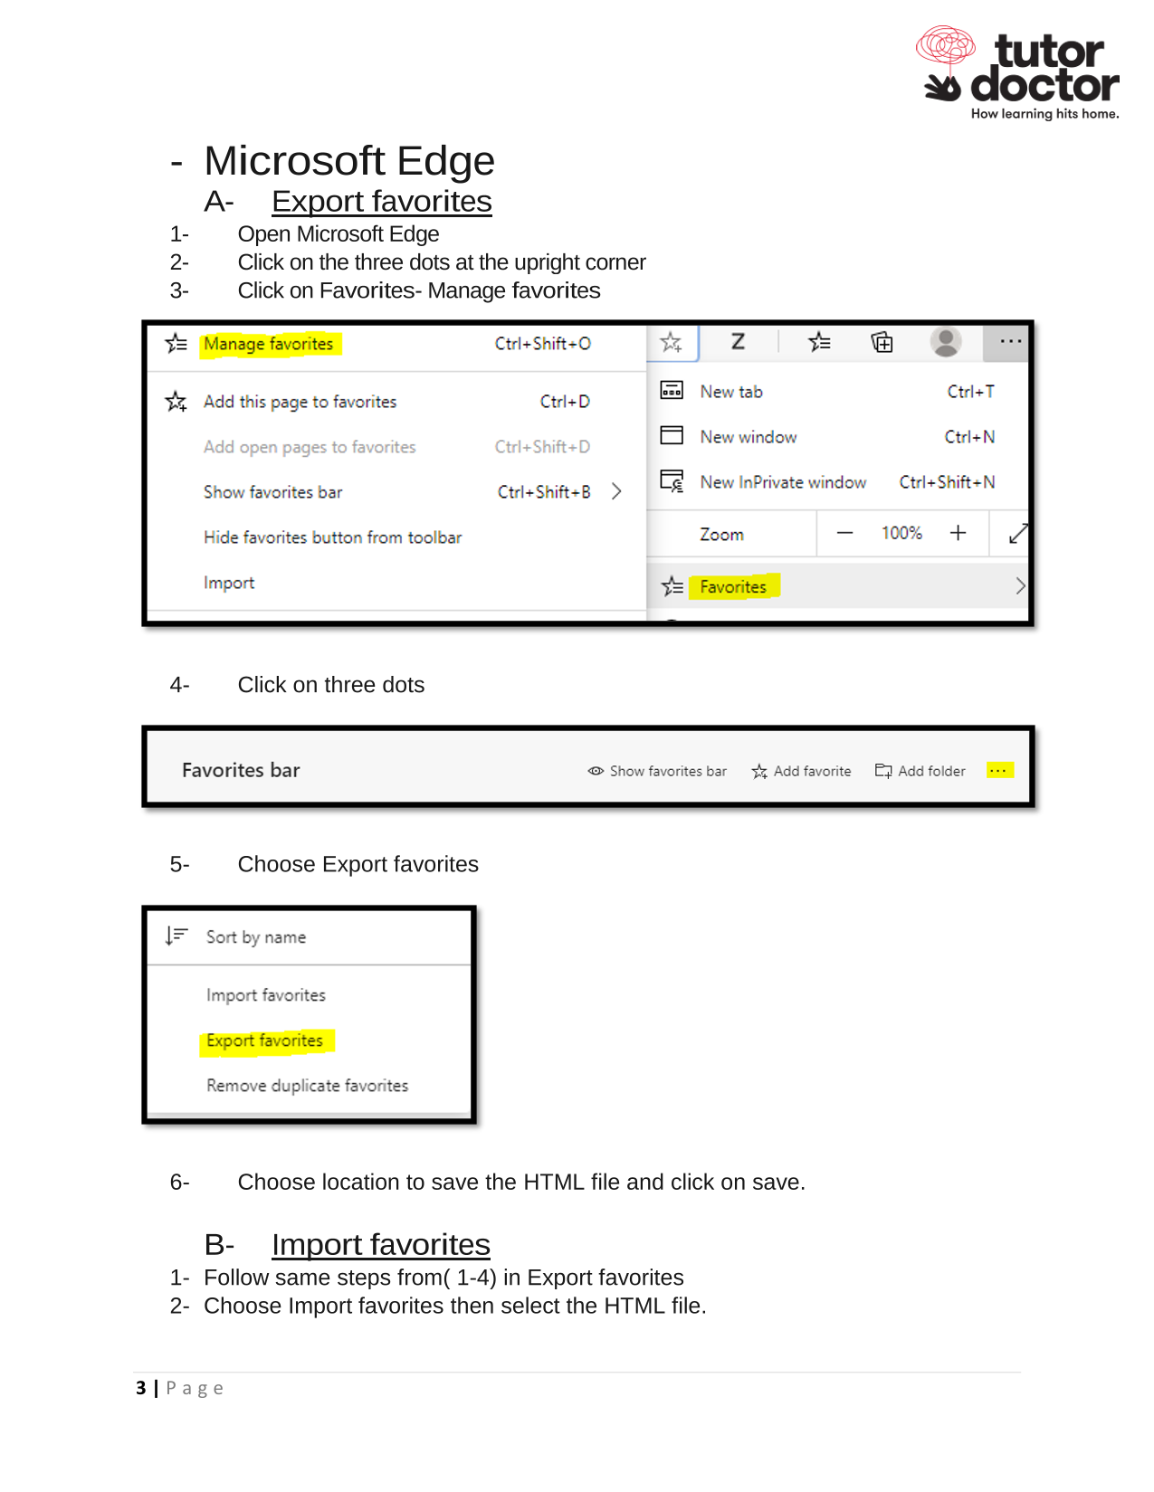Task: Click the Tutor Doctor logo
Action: coord(1018,72)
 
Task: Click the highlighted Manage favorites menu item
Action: coord(269,344)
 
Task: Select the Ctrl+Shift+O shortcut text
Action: coord(542,344)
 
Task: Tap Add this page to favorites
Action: coord(300,402)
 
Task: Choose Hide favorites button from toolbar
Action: coord(332,537)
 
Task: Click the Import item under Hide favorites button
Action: coord(229,583)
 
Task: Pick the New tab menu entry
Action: coord(731,392)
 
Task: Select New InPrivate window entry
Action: coord(783,482)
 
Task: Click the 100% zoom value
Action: coord(901,533)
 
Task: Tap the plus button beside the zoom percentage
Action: coord(958,533)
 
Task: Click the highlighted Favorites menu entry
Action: coord(733,587)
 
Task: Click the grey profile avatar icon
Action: coord(946,342)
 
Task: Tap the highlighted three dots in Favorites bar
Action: coord(998,770)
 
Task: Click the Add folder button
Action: coord(920,771)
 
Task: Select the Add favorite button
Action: coord(802,771)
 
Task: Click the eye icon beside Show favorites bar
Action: coord(596,771)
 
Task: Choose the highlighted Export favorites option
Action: coord(265,1041)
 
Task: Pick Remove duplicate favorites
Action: coord(307,1086)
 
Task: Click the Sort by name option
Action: coord(256,937)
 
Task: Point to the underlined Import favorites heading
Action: coord(380,1245)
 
